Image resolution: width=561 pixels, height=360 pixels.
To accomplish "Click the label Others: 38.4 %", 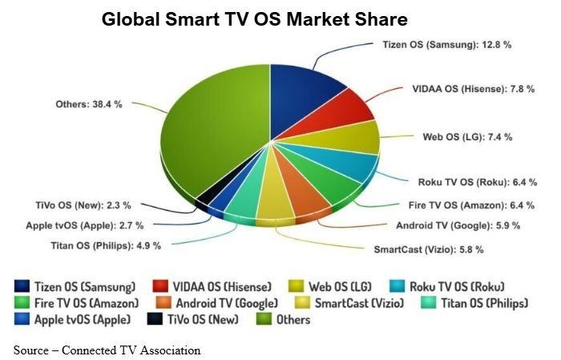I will (88, 104).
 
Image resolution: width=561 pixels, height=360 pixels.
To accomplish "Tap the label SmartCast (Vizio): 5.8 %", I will (428, 249).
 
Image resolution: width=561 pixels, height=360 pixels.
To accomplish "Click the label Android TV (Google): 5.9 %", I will (458, 225).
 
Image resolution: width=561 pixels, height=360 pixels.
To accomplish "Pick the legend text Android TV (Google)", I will (227, 303).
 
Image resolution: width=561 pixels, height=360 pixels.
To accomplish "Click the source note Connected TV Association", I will (107, 350).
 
